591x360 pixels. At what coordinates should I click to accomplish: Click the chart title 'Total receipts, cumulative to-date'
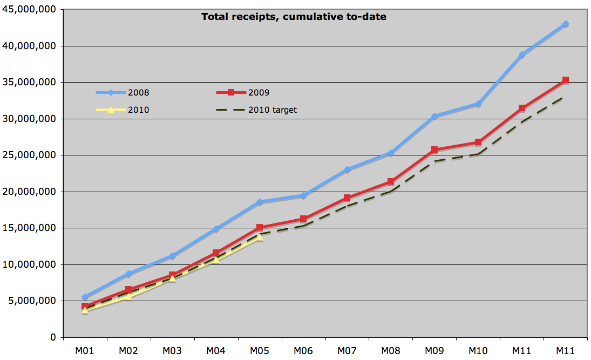point(294,17)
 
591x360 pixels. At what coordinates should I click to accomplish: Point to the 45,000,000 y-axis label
point(29,10)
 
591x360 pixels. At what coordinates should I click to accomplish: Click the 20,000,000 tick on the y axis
point(29,192)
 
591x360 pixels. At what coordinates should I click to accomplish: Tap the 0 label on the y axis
point(53,337)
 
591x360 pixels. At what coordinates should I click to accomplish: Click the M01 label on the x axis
point(85,351)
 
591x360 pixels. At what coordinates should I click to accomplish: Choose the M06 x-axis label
point(303,351)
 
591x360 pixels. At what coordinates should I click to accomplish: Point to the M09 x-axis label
point(434,351)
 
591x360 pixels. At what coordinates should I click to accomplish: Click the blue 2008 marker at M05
point(260,202)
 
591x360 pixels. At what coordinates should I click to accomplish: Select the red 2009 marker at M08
point(391,182)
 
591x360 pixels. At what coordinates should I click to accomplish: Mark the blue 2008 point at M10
point(478,104)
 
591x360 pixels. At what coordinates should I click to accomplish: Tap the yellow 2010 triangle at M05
point(260,236)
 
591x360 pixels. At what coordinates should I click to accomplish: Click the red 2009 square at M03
point(172,275)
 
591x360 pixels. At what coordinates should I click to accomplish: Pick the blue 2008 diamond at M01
point(85,297)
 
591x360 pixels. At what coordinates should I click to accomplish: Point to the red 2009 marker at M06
point(303,219)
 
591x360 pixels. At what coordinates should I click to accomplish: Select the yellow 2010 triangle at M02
point(128,296)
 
